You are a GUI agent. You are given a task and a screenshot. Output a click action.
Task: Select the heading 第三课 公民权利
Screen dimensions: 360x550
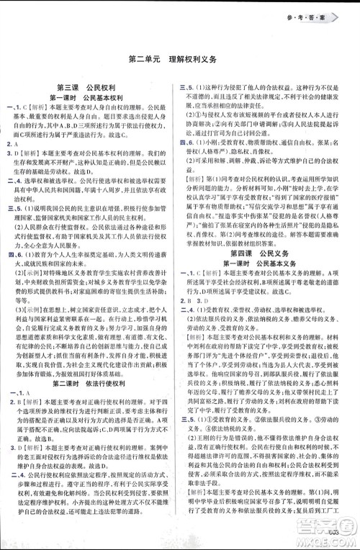click(90, 85)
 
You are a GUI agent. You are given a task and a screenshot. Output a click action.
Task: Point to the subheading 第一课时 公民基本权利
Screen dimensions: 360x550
click(90, 96)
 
